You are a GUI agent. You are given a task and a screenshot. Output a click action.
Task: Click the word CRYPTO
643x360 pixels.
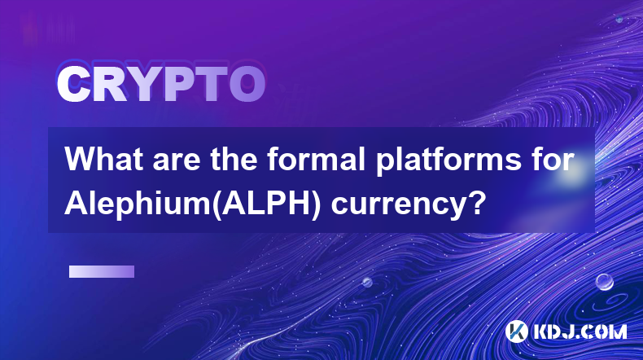point(161,84)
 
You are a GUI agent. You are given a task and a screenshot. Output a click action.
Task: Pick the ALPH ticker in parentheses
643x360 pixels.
point(265,203)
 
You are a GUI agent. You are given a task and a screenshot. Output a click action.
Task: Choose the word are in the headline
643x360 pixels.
point(177,161)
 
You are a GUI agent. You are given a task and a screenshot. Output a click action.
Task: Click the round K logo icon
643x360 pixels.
point(517,331)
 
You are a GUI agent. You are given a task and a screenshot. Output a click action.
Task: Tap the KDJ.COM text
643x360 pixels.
point(580,331)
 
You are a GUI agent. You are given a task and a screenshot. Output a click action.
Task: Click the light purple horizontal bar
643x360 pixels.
point(102,271)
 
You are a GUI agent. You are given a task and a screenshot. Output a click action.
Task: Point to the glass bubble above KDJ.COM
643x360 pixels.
point(605,282)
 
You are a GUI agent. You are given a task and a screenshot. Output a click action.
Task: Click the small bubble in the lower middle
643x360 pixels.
point(367,282)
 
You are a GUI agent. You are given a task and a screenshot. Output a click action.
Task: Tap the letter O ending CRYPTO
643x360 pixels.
point(247,84)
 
